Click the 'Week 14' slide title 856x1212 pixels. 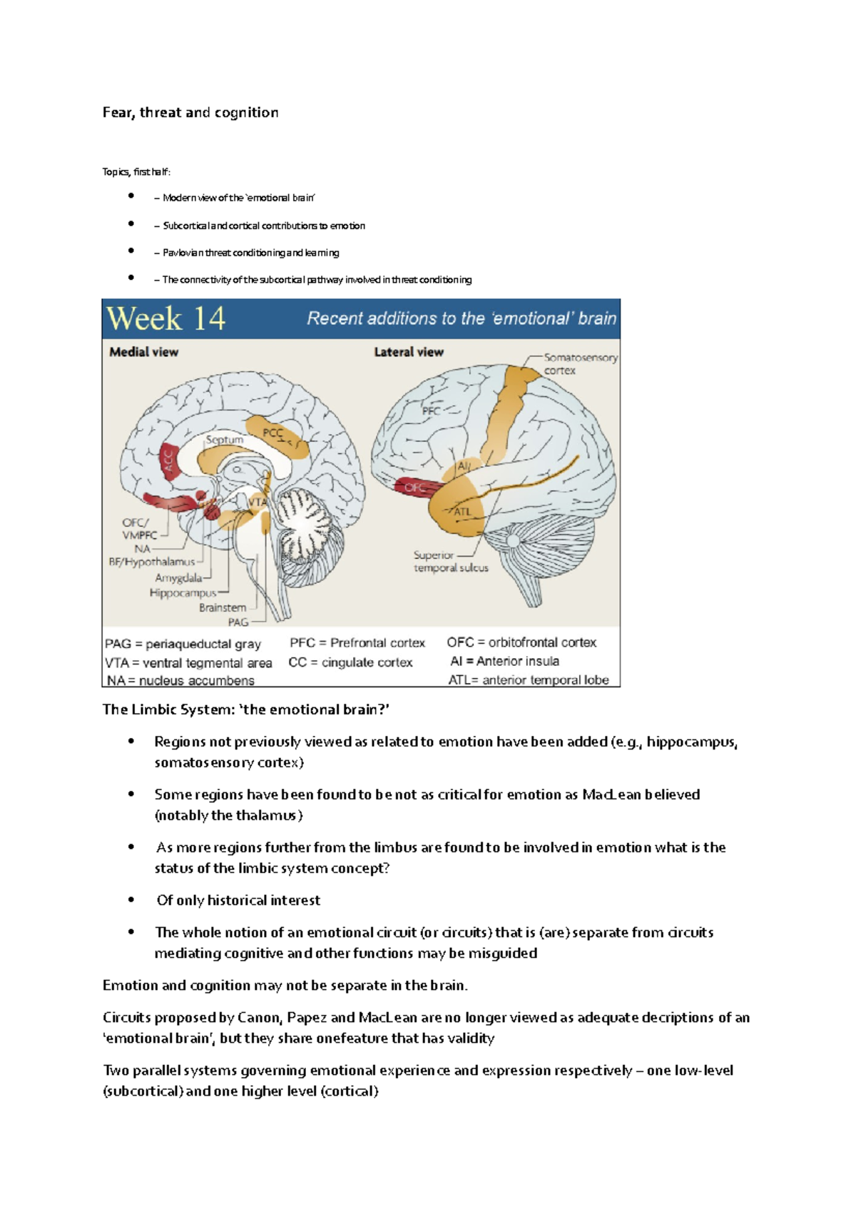click(165, 318)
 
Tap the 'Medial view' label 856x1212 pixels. click(143, 352)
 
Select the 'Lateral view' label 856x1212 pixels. click(408, 352)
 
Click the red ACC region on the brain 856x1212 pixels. click(168, 462)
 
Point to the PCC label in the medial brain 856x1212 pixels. click(273, 433)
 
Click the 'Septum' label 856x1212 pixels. click(225, 440)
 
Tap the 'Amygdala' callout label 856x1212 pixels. click(178, 578)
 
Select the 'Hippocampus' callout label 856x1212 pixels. click(183, 593)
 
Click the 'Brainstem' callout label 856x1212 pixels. click(222, 607)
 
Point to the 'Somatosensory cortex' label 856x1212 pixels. click(579, 364)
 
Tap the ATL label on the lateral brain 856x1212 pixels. click(463, 512)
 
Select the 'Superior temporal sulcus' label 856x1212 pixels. click(450, 562)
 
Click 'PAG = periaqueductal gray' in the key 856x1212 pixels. click(183, 644)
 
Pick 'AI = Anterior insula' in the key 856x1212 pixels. click(504, 662)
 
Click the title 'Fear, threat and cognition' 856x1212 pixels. click(190, 113)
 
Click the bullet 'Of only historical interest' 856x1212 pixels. click(238, 901)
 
